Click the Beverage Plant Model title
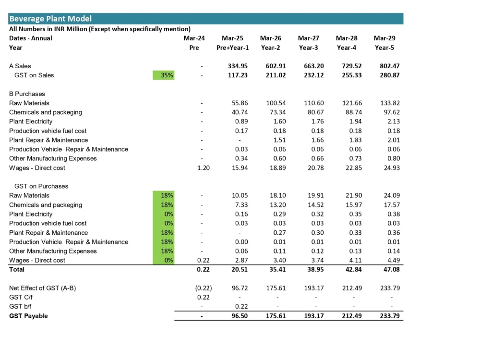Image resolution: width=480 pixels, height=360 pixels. pyautogui.click(x=50, y=19)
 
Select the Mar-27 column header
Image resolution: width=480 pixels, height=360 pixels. pyautogui.click(x=309, y=38)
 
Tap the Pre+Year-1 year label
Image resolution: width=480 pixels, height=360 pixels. pyautogui.click(x=233, y=48)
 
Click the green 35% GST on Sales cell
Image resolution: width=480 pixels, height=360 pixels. pyautogui.click(x=164, y=75)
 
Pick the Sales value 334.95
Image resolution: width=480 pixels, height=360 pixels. pyautogui.click(x=238, y=66)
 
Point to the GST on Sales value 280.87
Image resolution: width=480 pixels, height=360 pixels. pyautogui.click(x=390, y=75)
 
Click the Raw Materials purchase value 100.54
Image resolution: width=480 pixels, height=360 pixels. pyautogui.click(x=276, y=103)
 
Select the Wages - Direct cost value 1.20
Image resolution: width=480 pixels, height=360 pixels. pyautogui.click(x=204, y=168)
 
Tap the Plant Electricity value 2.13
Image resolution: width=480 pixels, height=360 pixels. pyautogui.click(x=394, y=121)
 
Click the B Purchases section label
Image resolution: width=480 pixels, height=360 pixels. pyautogui.click(x=27, y=94)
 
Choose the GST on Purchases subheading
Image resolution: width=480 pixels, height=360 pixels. pyautogui.click(x=41, y=186)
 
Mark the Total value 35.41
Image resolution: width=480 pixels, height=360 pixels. pyautogui.click(x=277, y=270)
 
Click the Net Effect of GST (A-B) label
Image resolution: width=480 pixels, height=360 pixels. pyautogui.click(x=43, y=288)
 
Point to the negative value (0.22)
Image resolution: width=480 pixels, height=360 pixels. pyautogui.click(x=204, y=288)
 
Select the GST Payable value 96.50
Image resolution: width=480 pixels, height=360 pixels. pyautogui.click(x=240, y=316)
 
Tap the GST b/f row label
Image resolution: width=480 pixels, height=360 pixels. pyautogui.click(x=20, y=307)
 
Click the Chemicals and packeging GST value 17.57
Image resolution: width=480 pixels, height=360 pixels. pyautogui.click(x=392, y=205)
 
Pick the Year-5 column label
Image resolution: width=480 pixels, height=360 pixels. pyautogui.click(x=384, y=48)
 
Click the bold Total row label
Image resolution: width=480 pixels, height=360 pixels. pyautogui.click(x=16, y=270)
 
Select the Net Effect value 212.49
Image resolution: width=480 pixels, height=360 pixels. pyautogui.click(x=352, y=288)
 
